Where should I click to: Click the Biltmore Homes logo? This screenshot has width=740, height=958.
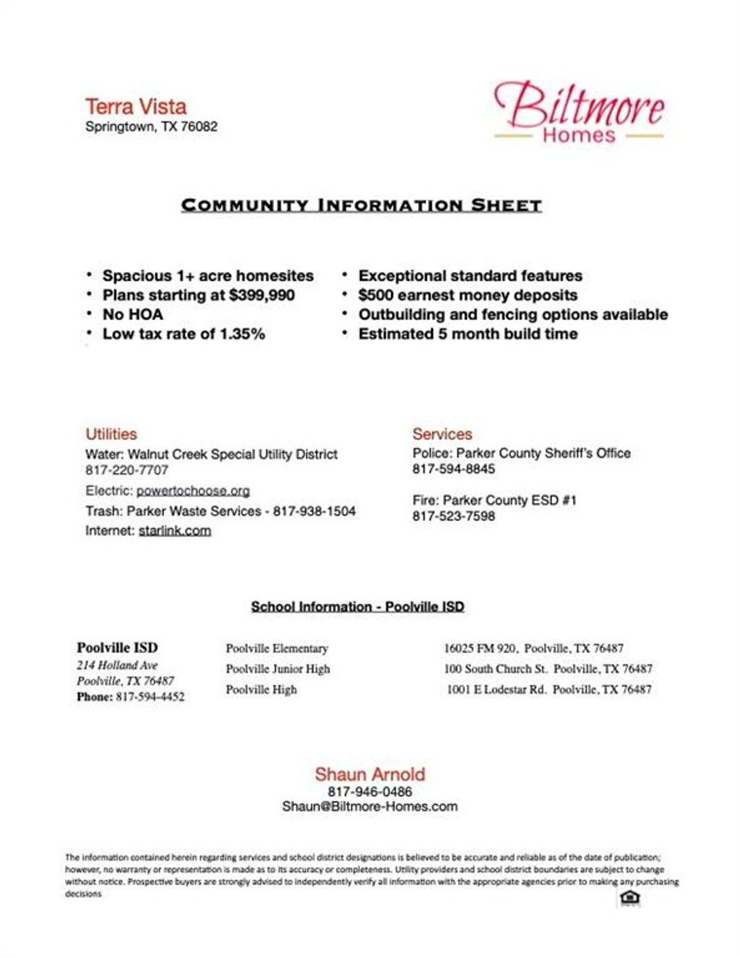coord(579,112)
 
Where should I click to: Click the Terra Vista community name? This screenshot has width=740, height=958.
coord(136,107)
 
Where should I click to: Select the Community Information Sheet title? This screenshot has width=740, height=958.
coord(361,205)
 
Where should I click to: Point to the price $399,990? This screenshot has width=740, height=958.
coord(262,295)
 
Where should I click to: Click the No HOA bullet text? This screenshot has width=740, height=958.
coord(133,314)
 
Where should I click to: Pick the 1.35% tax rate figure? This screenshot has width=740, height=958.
coord(242,334)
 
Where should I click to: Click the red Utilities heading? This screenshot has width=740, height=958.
coord(111,434)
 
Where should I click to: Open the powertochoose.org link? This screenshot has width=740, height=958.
coord(193,491)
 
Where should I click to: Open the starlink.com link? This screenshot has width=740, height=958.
coord(175,530)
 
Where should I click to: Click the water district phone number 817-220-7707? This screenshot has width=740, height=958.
coord(126,470)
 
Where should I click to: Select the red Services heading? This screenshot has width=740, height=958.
coord(442,434)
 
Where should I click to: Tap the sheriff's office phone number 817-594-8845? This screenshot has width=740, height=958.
coord(454,469)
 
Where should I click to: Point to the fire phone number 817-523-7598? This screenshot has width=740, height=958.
coord(454,516)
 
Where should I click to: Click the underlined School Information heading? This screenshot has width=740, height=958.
coord(357,607)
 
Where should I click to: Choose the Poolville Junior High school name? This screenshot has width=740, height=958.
coord(277,669)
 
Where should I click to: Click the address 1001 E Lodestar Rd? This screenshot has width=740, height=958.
coord(496,689)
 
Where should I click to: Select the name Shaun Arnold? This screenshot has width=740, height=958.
coord(369,774)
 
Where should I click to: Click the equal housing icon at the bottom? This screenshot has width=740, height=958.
coord(630,898)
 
